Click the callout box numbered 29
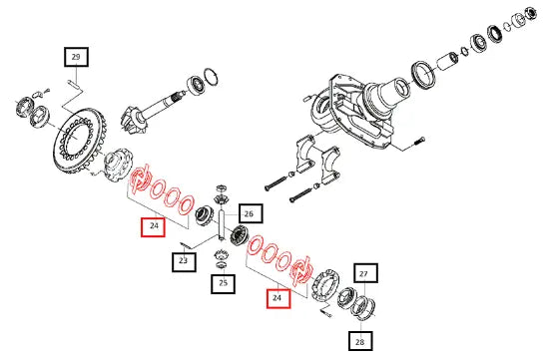click(x=76, y=57)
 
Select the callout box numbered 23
click(x=184, y=261)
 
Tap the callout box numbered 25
click(x=223, y=283)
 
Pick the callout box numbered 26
click(x=251, y=213)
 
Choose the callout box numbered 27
click(x=365, y=273)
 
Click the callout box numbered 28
click(x=360, y=341)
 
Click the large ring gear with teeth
click(x=80, y=141)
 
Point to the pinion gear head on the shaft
click(x=134, y=119)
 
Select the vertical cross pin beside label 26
click(x=222, y=225)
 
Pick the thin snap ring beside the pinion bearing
click(x=212, y=77)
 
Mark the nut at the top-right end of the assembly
click(x=531, y=13)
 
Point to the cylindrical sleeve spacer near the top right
click(x=447, y=61)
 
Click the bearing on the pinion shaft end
click(x=195, y=86)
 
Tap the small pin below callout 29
click(x=74, y=84)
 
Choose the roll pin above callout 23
click(x=185, y=245)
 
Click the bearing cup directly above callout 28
click(x=363, y=308)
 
